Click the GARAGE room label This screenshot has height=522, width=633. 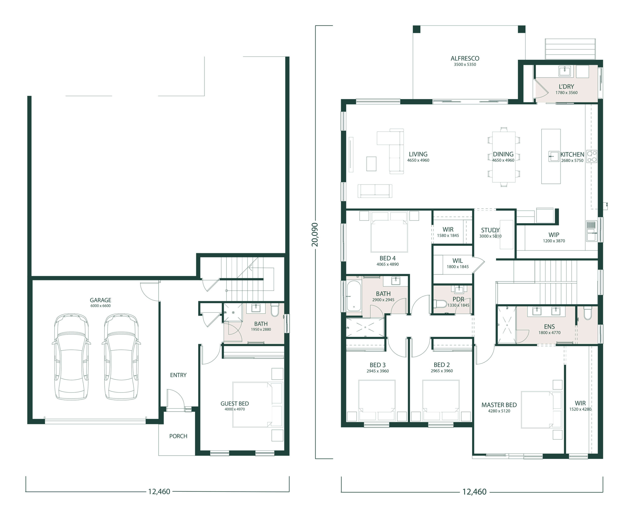pos(100,300)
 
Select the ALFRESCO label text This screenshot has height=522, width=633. pos(465,58)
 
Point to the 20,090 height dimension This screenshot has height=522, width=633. pos(315,235)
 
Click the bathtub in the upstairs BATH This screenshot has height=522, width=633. pos(354,296)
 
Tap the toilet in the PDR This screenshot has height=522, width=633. pos(440,304)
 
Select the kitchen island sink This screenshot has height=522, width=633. pos(554,156)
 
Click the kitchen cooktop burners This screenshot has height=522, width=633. pos(591,156)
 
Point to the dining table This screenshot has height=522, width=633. pos(503,157)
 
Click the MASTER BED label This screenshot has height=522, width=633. pos(499,405)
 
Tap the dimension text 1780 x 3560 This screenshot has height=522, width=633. pos(566,93)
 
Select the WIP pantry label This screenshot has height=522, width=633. pos(554,235)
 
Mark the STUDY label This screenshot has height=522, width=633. pos(490,230)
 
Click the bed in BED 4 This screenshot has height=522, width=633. pos(389,231)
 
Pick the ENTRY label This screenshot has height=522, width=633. pos(178,375)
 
